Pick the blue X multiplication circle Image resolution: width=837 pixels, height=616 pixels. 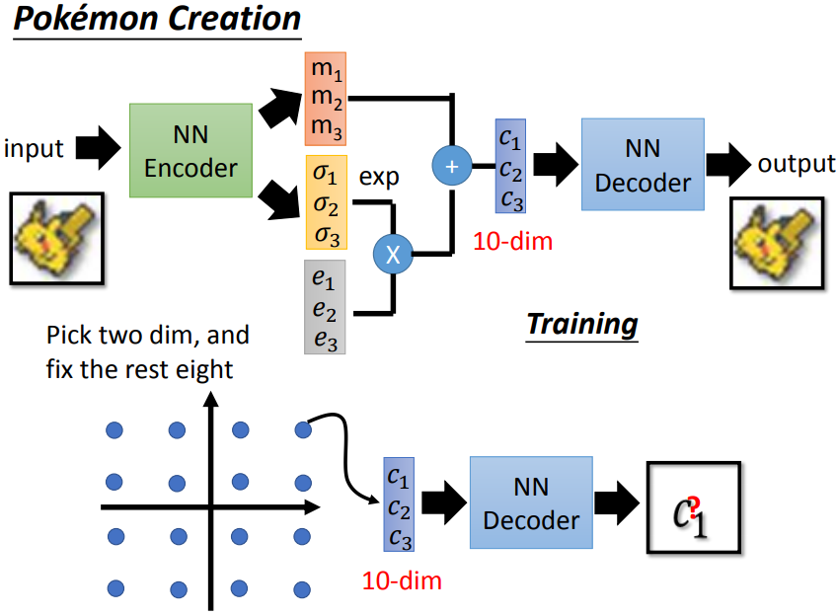tap(393, 255)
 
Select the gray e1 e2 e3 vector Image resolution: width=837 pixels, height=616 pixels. tap(325, 306)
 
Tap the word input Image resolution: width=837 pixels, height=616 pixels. tap(34, 149)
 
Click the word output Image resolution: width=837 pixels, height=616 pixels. tap(796, 163)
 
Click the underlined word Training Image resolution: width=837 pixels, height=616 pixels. tap(581, 323)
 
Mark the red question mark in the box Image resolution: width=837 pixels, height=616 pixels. tap(697, 507)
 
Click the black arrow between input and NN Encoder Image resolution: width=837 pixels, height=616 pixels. tap(97, 149)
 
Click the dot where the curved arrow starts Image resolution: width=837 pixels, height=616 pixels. tap(303, 429)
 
